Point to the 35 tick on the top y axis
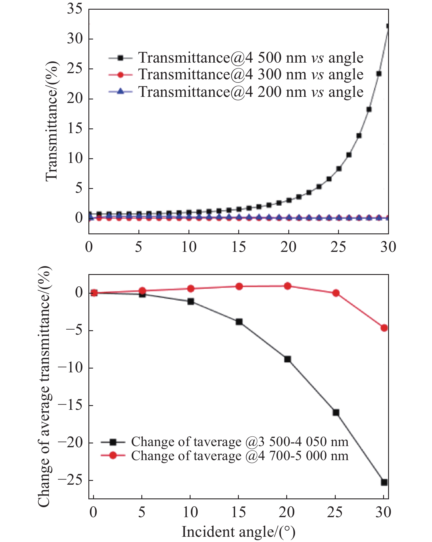75,9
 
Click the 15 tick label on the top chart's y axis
75,128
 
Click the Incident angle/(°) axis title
238,532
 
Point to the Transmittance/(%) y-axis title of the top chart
52,121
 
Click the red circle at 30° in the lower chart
384,328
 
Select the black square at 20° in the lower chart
287,359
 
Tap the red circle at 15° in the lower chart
239,286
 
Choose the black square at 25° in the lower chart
336,412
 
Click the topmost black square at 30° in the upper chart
388,26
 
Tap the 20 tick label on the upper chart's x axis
289,247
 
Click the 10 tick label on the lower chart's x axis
190,512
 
